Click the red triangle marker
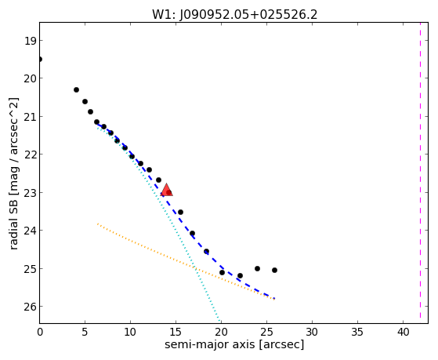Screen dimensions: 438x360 click(166, 191)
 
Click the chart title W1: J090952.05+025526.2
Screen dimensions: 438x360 click(234, 15)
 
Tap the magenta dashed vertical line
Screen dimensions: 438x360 click(420, 170)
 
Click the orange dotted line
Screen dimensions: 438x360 click(186, 262)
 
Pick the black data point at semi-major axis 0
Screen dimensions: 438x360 click(40, 59)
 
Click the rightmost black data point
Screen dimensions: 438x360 click(274, 271)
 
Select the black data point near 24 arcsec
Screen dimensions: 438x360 click(257, 268)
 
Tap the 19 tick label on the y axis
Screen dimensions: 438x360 click(30, 41)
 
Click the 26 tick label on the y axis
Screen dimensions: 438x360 click(30, 307)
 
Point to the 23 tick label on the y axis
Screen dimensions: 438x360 click(30, 193)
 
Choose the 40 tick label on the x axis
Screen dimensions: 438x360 click(403, 332)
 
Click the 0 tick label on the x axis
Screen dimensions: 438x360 click(40, 332)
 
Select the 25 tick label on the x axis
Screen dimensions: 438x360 click(266, 332)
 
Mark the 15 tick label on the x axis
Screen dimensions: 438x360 click(176, 332)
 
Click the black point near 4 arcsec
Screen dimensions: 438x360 click(76, 89)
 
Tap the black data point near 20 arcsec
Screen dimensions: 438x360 click(222, 272)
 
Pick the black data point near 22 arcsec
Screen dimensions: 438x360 click(240, 275)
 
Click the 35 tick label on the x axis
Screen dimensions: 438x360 click(357, 332)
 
